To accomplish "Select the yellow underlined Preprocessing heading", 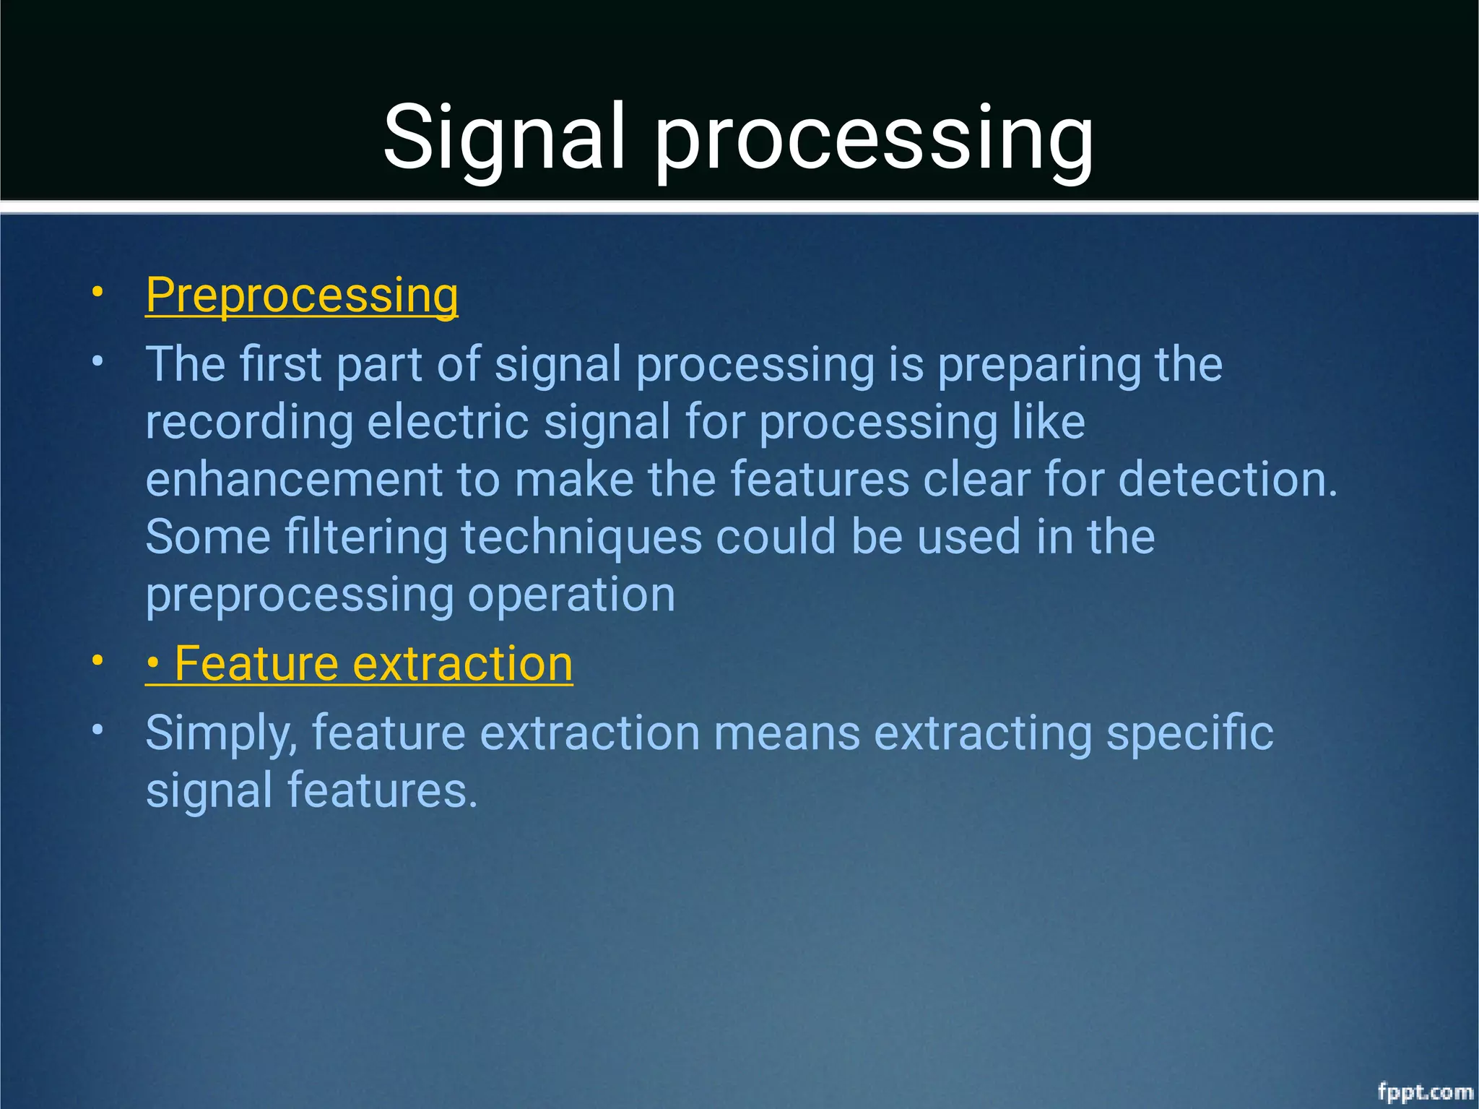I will coord(302,296).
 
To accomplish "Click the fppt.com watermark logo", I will coord(1424,1091).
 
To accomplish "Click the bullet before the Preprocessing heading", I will coord(97,293).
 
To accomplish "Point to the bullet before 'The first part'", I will coord(97,361).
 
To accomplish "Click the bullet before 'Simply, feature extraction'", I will coord(97,730).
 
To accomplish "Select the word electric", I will coord(448,422).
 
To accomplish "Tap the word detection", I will coord(1228,480).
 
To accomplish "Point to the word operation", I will coord(571,596).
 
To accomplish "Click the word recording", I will coord(249,423).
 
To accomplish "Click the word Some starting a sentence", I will coord(207,538).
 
